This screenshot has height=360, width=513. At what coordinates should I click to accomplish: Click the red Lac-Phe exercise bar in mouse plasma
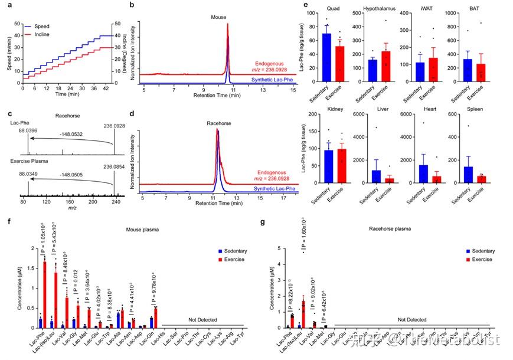(44, 294)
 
